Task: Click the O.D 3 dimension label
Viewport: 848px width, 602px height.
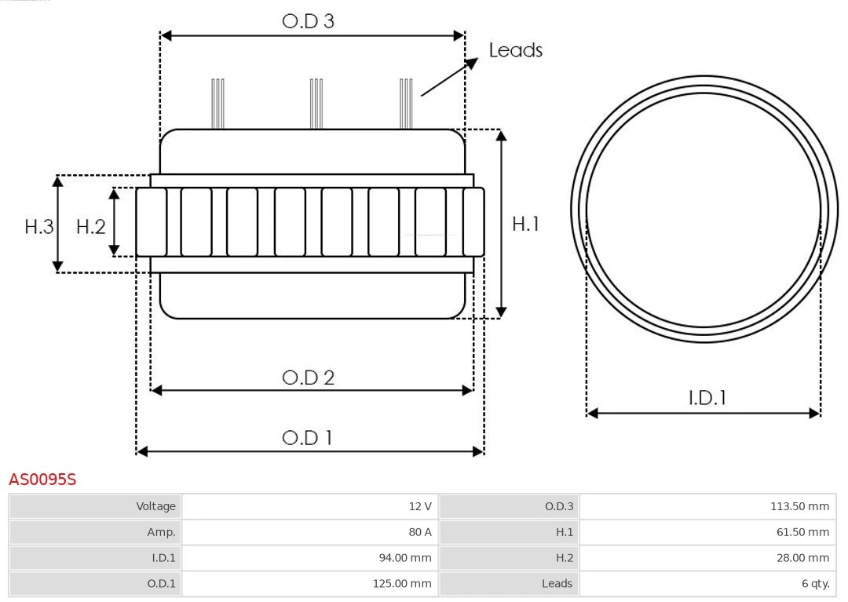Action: point(308,21)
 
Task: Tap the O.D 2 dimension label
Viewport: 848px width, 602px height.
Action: point(308,378)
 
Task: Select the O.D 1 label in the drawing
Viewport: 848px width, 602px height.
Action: point(307,437)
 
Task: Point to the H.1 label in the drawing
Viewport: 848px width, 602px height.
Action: point(525,224)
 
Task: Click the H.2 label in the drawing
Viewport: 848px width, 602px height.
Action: point(90,227)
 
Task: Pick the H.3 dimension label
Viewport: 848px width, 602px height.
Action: point(38,227)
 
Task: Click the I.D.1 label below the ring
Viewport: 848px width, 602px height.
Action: point(707,398)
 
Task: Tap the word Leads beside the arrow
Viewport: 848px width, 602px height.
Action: point(515,50)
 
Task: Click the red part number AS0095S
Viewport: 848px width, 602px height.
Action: point(42,479)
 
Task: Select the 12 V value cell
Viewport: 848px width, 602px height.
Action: point(309,506)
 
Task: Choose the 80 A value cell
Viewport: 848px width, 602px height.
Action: point(309,532)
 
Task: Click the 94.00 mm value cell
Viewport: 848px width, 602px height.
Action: point(309,558)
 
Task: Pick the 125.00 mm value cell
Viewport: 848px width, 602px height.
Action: point(309,583)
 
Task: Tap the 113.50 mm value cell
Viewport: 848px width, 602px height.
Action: point(707,506)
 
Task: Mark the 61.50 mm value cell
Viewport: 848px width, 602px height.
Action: point(707,532)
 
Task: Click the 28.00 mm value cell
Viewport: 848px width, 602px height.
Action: point(707,558)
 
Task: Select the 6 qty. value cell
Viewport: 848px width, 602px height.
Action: point(707,583)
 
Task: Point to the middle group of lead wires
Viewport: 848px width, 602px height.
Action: point(316,104)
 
